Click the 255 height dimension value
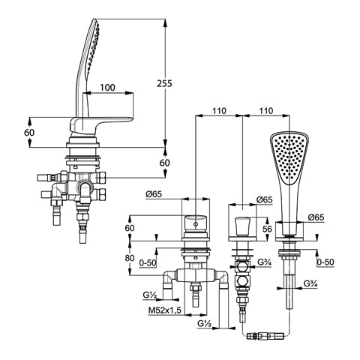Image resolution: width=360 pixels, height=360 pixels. point(164,83)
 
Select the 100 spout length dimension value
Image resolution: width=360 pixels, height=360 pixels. point(107,88)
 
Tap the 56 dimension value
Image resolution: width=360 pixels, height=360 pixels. point(267,229)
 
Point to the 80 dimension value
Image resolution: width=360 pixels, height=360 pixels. point(130,258)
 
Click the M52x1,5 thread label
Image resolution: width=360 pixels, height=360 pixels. point(164,310)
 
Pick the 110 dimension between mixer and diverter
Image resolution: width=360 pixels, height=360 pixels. point(219,111)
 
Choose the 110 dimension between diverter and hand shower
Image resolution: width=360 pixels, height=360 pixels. point(266,111)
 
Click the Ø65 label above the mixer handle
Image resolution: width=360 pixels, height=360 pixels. point(154,194)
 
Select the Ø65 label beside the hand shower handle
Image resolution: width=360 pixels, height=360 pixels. point(316,217)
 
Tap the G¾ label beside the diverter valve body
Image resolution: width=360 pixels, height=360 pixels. point(264,262)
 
